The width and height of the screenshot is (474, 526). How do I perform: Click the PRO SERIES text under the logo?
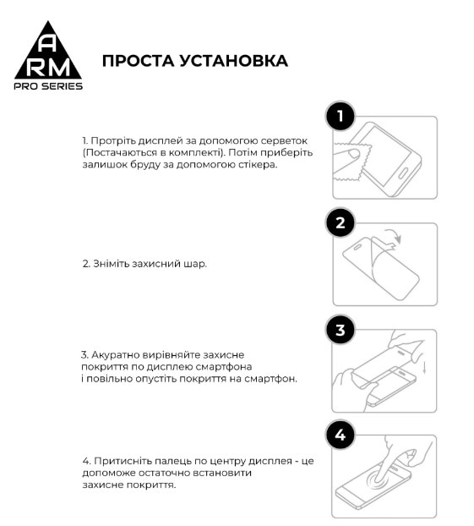tap(50, 86)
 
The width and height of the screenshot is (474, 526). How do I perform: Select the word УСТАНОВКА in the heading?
tap(234, 61)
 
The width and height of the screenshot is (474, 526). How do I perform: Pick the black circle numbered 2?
tap(340, 224)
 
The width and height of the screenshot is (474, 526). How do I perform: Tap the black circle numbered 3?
tap(340, 331)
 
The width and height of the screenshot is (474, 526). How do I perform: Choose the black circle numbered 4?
tap(340, 436)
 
